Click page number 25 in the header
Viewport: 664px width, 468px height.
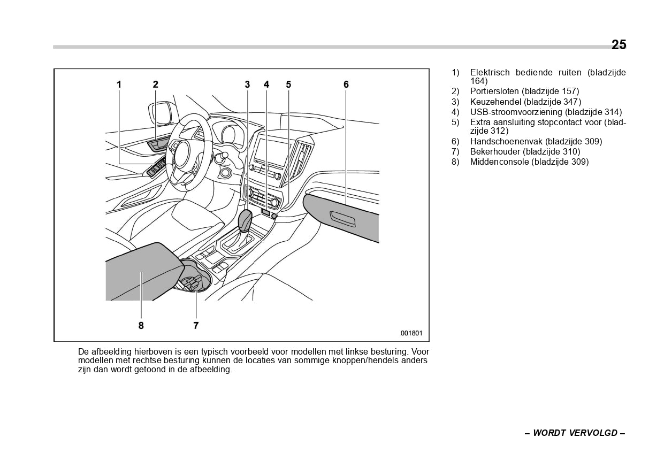(x=619, y=45)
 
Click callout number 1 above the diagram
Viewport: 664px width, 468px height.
(x=119, y=85)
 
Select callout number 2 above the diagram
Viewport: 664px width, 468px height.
(x=155, y=85)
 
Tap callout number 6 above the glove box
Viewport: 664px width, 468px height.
(x=346, y=85)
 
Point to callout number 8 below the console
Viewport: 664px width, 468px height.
(x=141, y=325)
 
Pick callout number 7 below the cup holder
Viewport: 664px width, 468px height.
(x=196, y=325)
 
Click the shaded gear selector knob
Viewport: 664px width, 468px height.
(x=245, y=220)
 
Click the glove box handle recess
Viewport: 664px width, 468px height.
(x=342, y=218)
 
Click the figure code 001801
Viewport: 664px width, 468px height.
(x=411, y=333)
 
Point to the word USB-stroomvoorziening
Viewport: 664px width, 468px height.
(x=516, y=112)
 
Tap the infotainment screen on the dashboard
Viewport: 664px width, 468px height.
(x=271, y=151)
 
